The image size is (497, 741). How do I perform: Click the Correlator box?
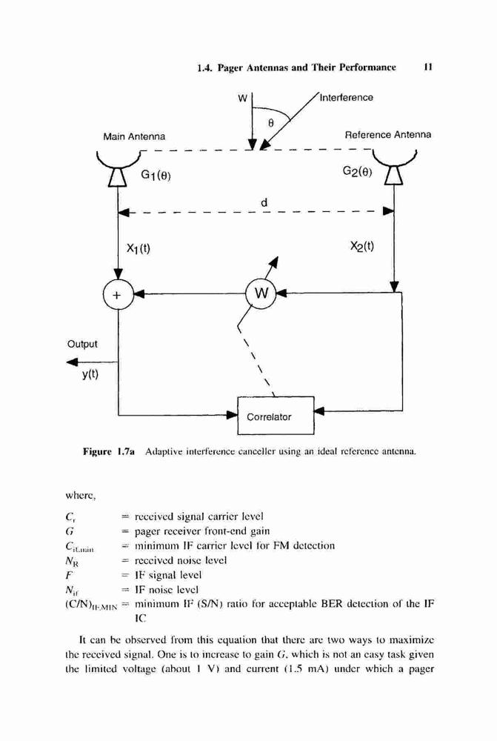tap(276, 416)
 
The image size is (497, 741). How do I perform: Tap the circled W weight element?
tap(261, 293)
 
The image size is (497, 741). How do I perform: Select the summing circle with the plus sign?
tap(118, 295)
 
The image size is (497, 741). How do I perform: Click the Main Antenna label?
tap(134, 136)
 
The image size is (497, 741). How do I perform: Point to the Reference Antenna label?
tap(388, 135)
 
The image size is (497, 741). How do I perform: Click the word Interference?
tap(347, 97)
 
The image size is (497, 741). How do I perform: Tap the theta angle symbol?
tap(270, 123)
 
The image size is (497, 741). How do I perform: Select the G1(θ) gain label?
tap(156, 176)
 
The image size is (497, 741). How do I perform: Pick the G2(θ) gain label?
tap(358, 171)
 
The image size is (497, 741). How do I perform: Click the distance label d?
tap(264, 202)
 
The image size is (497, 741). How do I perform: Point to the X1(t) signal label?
tap(139, 248)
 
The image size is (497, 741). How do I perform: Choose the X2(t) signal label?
tap(362, 246)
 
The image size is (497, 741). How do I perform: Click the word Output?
tap(82, 344)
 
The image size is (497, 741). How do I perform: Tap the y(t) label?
tap(90, 374)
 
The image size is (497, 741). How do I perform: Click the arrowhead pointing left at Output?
tap(72, 362)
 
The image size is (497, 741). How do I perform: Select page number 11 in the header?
tap(428, 67)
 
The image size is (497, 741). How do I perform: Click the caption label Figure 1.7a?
tap(109, 452)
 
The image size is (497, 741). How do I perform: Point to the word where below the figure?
tap(80, 496)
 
